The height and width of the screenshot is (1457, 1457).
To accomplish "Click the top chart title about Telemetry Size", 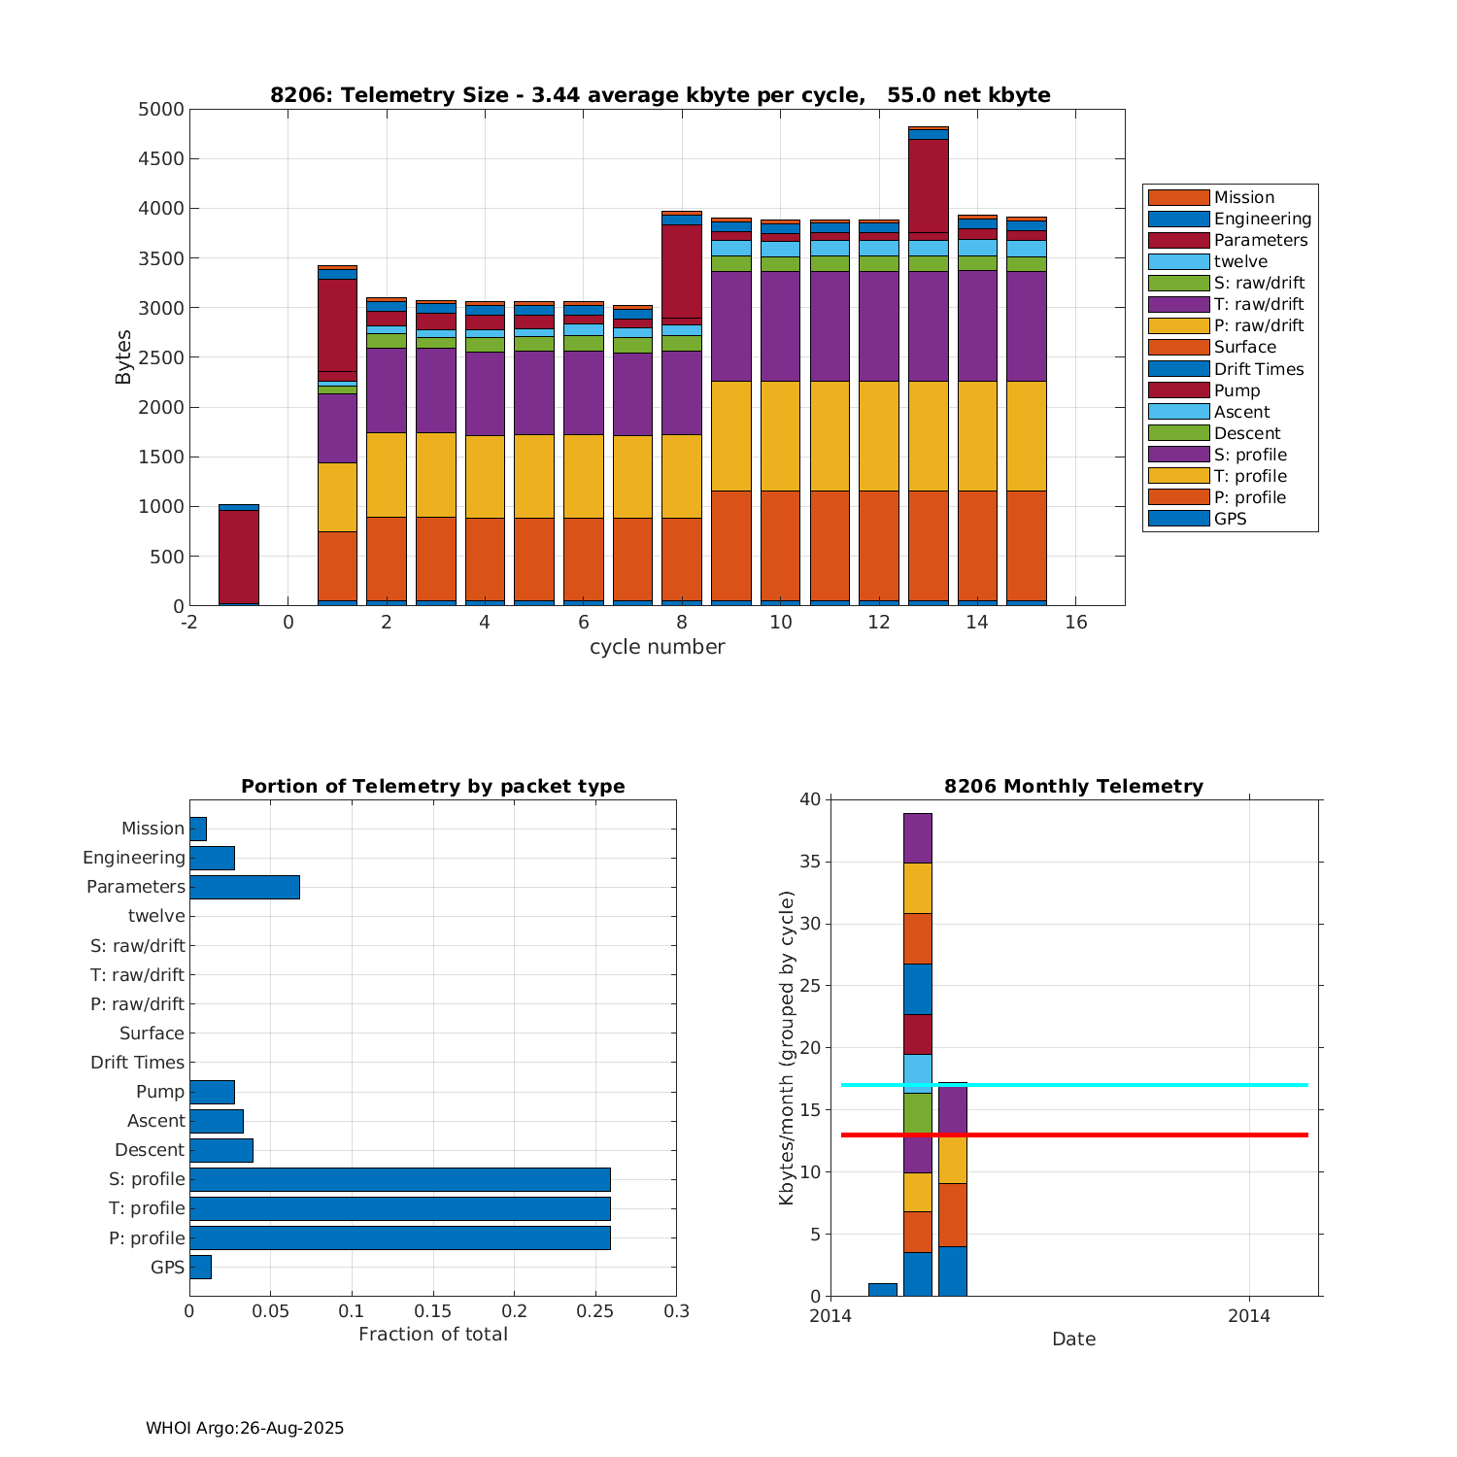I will [x=660, y=95].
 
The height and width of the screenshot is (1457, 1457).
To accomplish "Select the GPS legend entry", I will [x=1230, y=519].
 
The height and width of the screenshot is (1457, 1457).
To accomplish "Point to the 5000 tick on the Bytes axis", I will [x=161, y=110].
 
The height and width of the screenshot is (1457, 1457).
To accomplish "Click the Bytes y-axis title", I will [x=123, y=357].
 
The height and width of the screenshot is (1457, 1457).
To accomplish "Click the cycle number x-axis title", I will [x=657, y=647].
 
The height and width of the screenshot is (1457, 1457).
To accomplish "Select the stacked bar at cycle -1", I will [x=239, y=556].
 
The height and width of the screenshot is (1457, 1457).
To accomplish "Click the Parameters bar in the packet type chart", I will [x=245, y=887].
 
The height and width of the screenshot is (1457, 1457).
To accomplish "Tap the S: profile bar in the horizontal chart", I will [x=399, y=1179].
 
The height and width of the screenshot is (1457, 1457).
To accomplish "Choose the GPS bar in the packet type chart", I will [x=200, y=1267].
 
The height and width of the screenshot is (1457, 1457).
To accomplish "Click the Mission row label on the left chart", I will [x=152, y=829].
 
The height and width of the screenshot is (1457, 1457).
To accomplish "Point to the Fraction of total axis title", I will [x=432, y=1334].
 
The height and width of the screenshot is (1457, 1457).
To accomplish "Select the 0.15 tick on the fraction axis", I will [x=433, y=1311].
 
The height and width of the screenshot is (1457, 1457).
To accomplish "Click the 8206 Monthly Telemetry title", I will [x=1073, y=787].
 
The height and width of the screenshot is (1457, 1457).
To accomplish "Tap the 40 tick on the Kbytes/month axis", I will [x=810, y=799].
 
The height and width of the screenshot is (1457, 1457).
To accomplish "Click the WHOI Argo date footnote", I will [x=245, y=1428].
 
